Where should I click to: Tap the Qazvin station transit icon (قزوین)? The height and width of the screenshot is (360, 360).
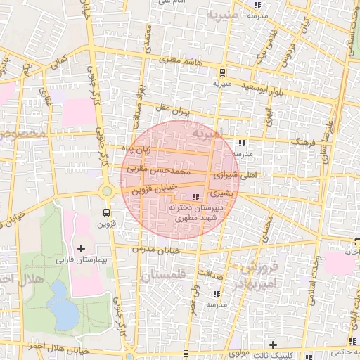pos(106,212)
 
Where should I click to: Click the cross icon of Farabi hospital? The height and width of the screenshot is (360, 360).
pos(82,248)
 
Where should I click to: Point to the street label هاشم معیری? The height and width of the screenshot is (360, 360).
pos(177,63)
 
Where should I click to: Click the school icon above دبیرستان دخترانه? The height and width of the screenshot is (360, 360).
pos(195,197)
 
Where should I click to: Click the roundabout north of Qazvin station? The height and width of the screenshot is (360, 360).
pos(106,191)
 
